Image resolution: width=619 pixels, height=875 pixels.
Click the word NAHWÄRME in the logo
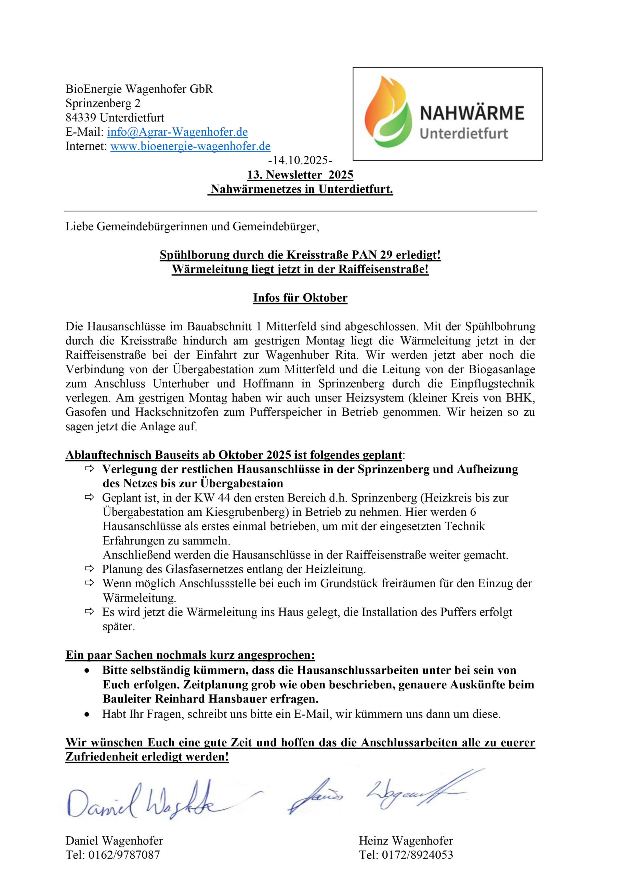[x=472, y=113]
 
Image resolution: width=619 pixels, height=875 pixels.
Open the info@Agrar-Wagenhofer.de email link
[x=177, y=132]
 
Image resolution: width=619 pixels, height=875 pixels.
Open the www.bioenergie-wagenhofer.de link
[x=190, y=146]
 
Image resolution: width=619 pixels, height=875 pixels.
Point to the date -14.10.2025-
[x=300, y=160]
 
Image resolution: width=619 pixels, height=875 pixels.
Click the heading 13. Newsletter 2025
[x=300, y=175]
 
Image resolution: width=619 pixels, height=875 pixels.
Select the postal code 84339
[x=81, y=118]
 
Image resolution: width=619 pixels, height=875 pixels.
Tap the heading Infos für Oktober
[x=300, y=298]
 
